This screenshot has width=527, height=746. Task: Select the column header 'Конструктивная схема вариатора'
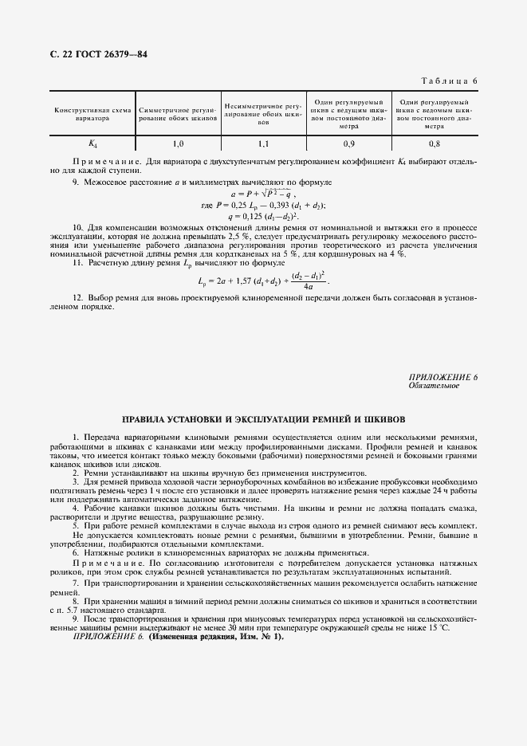pyautogui.click(x=92, y=113)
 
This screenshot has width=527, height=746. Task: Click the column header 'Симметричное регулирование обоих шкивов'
pyautogui.click(x=177, y=113)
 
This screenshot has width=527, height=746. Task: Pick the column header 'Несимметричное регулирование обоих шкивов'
pyautogui.click(x=262, y=115)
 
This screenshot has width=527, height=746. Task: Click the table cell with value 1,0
pyautogui.click(x=177, y=144)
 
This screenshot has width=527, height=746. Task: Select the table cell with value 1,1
pyautogui.click(x=262, y=144)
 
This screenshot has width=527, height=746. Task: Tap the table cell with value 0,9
pyautogui.click(x=348, y=144)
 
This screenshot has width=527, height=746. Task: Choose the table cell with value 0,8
pyautogui.click(x=434, y=144)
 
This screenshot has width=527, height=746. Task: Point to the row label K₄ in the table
pyautogui.click(x=92, y=144)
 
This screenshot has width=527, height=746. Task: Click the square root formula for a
pyautogui.click(x=263, y=194)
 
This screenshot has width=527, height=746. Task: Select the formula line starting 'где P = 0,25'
pyautogui.click(x=263, y=205)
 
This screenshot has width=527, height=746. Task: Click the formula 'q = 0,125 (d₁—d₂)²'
pyautogui.click(x=263, y=215)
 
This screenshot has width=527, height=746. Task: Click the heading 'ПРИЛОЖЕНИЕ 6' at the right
pyautogui.click(x=442, y=377)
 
